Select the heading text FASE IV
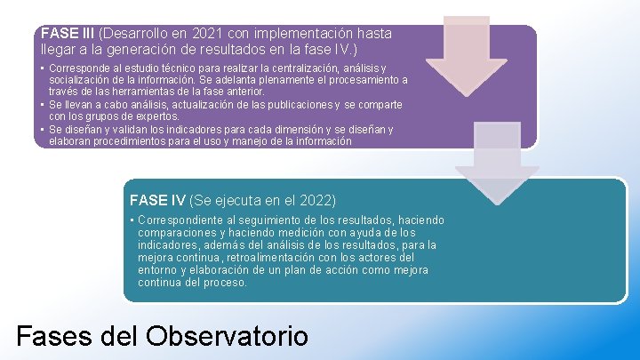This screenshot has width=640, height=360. pos(157,200)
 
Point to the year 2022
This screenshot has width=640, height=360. pos(316,200)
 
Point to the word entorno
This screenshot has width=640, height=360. pos(157,270)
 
